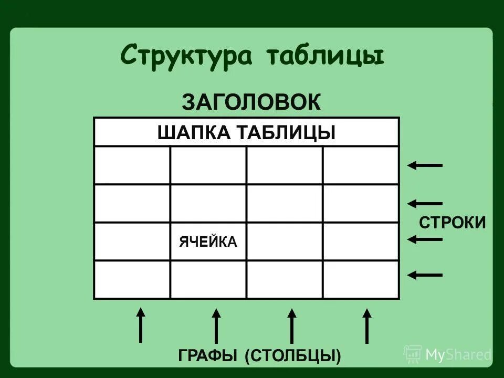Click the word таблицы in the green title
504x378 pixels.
[324, 56]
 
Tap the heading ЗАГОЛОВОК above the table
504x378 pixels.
[251, 102]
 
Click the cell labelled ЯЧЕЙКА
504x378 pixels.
[208, 241]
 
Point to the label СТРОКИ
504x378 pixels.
[452, 222]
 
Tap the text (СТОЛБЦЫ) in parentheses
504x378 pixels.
[293, 355]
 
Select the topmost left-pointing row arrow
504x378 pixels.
[425, 165]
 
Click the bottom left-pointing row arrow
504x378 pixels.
[425, 274]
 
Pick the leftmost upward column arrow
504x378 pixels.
[140, 325]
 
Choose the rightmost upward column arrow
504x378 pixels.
[367, 325]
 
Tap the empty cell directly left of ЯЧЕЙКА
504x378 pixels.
[132, 241]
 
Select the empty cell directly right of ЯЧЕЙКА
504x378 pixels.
[284, 241]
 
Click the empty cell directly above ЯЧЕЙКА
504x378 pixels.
[208, 203]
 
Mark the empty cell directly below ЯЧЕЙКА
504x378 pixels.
[208, 279]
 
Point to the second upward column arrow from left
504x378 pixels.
[216, 325]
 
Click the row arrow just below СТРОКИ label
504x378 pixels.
[425, 239]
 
